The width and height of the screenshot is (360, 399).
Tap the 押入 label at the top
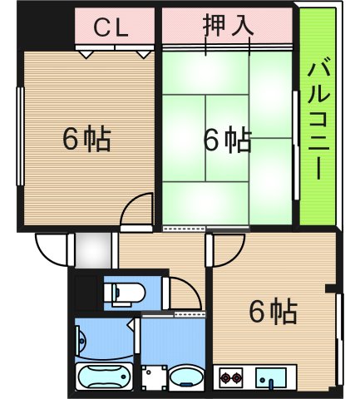227,26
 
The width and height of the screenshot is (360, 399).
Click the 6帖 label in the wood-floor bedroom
86,139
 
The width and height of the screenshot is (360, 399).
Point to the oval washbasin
185,381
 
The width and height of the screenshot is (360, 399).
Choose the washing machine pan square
150,379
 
